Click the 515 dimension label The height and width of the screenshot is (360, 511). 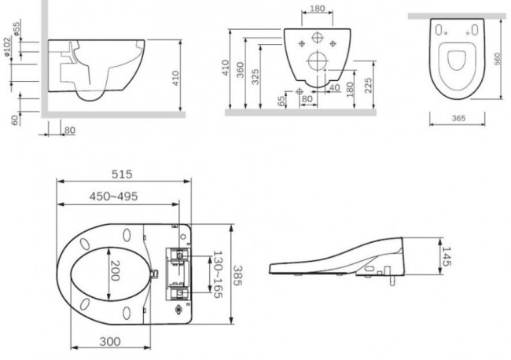click(122, 174)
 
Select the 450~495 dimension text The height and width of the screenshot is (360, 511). click(113, 197)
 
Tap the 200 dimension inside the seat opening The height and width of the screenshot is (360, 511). click(115, 270)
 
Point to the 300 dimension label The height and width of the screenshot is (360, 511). click(110, 341)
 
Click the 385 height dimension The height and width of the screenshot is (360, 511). click(238, 276)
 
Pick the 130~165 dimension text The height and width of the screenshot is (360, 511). click(217, 274)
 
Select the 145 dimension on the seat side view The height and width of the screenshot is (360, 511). click(447, 256)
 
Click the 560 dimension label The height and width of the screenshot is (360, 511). click(498, 59)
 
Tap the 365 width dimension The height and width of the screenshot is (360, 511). click(458, 118)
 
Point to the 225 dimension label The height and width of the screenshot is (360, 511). click(368, 86)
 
